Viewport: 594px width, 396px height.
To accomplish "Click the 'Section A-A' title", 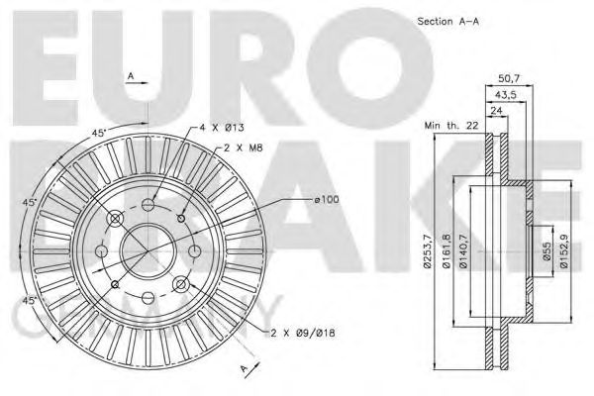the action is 448,22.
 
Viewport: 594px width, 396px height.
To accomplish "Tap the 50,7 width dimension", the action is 509,79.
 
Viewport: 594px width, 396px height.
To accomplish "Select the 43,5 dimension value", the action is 506,95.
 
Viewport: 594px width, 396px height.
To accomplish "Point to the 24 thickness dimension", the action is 496,111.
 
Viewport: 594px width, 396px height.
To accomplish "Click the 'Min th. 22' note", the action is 451,126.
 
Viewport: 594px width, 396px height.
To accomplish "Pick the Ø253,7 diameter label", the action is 428,251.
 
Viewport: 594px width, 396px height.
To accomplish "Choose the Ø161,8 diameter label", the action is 446,251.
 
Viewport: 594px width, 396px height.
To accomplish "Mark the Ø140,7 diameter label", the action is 465,251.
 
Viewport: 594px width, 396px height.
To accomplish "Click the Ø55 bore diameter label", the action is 546,251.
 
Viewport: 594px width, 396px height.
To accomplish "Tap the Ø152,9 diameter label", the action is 564,251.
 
